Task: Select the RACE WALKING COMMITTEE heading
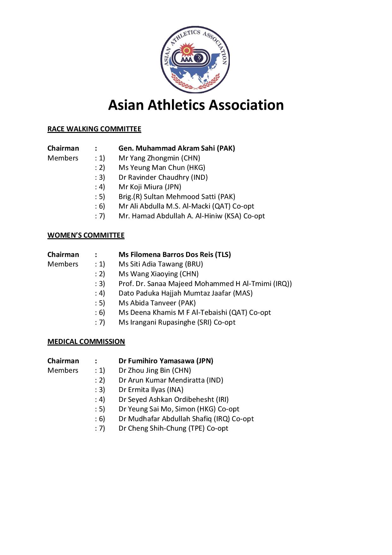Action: point(94,129)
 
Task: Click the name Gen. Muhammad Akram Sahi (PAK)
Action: point(177,148)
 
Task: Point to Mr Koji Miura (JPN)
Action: point(150,187)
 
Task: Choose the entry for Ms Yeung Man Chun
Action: point(162,168)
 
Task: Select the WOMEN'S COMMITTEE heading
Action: point(86,235)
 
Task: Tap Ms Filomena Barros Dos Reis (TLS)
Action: point(175,255)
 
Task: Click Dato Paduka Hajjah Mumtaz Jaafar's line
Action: point(186,293)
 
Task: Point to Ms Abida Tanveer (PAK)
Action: point(157,303)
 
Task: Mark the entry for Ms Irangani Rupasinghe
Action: point(177,322)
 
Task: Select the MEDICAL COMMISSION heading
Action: point(86,342)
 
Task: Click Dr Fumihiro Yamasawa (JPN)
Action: point(166,361)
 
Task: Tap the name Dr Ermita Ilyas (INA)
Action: point(151,390)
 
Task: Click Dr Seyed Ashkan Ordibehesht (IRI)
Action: point(174,400)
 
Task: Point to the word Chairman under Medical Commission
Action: point(63,361)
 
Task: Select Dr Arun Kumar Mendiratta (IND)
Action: point(171,380)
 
